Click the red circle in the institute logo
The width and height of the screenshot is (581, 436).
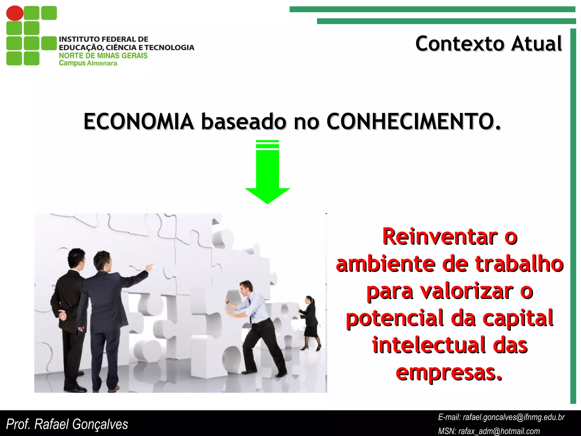15,13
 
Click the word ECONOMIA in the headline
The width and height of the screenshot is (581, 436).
138,121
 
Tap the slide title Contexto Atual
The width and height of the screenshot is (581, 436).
488,44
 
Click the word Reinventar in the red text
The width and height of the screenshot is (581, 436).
439,236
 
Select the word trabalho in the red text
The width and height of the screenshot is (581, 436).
519,264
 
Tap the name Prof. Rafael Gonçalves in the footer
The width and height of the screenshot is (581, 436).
67,424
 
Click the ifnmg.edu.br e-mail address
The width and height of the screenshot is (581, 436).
513,417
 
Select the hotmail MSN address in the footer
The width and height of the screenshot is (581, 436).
499,431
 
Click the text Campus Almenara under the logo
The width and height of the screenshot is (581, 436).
88,63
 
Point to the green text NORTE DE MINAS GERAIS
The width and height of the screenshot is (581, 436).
103,55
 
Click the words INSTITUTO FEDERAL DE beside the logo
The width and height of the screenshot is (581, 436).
104,39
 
